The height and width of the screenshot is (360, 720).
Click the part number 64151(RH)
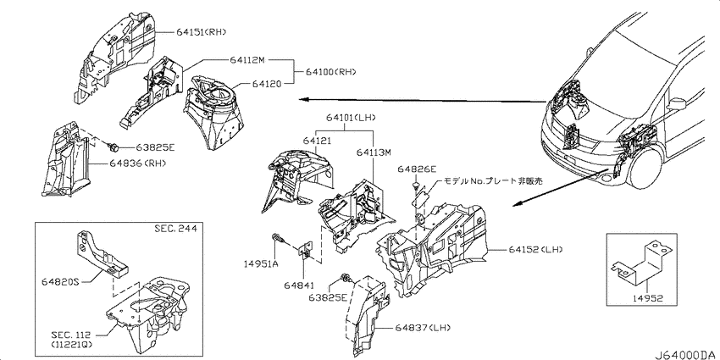[x=202, y=31]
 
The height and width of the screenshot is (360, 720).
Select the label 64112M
[x=248, y=60]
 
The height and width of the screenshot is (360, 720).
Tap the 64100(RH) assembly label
[x=330, y=72]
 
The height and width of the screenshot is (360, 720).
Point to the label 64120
[x=264, y=84]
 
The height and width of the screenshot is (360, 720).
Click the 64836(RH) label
[x=138, y=163]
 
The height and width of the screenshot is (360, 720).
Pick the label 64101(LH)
[x=352, y=118]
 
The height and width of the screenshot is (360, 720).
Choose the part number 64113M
[x=373, y=152]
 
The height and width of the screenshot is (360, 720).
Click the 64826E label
[x=417, y=170]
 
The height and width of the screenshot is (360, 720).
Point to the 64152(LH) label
[x=535, y=249]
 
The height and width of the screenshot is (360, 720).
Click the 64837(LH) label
[x=423, y=328]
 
